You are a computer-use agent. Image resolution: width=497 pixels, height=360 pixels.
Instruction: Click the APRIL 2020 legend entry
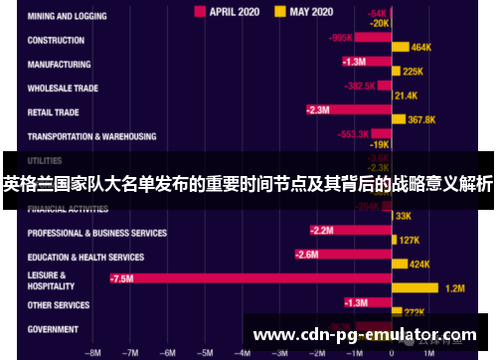point(232,11)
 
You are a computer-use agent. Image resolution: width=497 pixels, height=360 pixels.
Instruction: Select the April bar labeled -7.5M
point(249,279)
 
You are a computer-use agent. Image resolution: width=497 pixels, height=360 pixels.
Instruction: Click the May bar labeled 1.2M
point(416,289)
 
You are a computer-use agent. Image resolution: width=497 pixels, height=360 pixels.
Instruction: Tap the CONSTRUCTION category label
point(56,41)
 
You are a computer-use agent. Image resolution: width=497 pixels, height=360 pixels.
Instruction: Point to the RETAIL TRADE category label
point(54,112)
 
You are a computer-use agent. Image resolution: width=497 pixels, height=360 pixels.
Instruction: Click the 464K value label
point(421,48)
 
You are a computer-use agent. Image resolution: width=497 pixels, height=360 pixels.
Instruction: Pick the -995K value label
point(341,38)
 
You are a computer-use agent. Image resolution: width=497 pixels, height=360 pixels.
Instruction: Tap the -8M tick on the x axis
point(94,351)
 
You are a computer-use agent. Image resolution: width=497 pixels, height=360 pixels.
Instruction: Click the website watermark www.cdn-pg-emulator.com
point(367,335)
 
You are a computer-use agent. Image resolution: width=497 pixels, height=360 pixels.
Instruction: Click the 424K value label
point(419,265)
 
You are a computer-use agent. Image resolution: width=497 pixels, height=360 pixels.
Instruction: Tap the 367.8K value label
point(422,119)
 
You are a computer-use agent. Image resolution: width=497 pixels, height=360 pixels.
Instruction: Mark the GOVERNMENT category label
point(53,328)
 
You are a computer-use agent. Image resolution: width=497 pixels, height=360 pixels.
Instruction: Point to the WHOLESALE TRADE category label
point(62,89)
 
